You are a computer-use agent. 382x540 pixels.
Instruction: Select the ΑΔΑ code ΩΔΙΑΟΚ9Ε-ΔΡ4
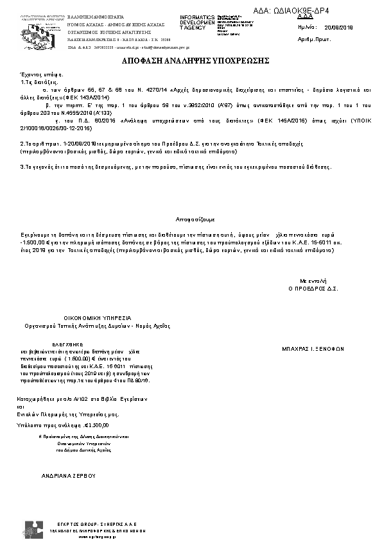300,11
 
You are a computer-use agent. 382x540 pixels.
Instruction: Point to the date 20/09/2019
339,28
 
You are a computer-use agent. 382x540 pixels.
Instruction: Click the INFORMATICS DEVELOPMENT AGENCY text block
197,22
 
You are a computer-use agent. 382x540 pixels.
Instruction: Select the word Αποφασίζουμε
191,219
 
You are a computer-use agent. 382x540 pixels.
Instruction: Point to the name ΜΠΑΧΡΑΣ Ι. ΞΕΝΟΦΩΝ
313,350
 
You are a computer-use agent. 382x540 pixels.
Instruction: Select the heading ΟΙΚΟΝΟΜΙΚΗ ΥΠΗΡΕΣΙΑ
97,317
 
